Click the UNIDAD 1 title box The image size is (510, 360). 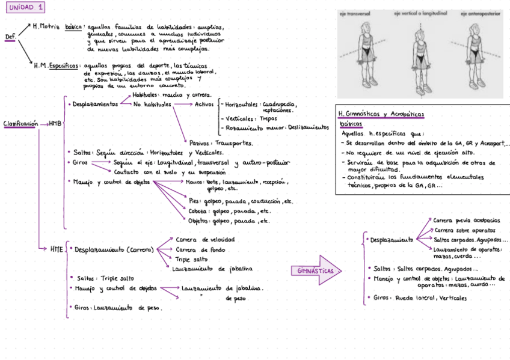click(26, 8)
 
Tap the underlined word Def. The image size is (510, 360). click(10, 37)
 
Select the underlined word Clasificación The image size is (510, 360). click(20, 124)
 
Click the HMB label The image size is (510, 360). click(55, 124)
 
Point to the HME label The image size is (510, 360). click(57, 248)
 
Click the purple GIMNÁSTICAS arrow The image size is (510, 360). click(316, 270)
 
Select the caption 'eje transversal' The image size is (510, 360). click(355, 13)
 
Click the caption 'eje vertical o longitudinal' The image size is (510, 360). click(419, 13)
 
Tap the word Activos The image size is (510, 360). click(204, 104)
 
